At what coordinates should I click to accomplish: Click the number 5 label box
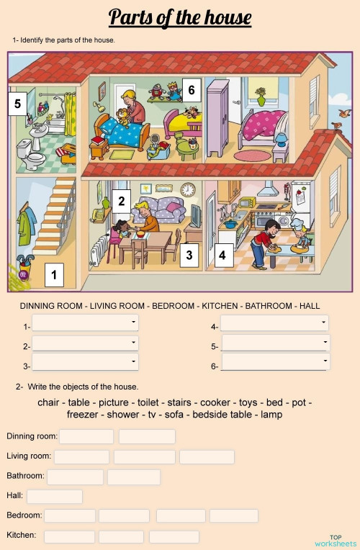(18, 104)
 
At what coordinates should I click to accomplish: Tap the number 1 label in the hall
(54, 274)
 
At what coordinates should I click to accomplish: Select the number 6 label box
(191, 90)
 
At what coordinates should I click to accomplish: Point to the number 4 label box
(222, 255)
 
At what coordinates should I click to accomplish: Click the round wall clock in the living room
(188, 190)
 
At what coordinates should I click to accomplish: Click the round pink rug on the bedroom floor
(251, 155)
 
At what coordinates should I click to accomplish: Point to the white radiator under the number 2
(99, 252)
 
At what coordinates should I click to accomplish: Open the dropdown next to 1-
(85, 323)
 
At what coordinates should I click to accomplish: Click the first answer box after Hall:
(55, 496)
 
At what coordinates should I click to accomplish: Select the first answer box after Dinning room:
(86, 436)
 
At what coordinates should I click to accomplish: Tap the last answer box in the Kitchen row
(174, 536)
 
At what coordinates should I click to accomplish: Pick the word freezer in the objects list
(84, 415)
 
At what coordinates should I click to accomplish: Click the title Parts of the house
(180, 17)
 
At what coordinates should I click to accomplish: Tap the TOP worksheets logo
(336, 540)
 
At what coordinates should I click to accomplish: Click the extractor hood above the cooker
(269, 189)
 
